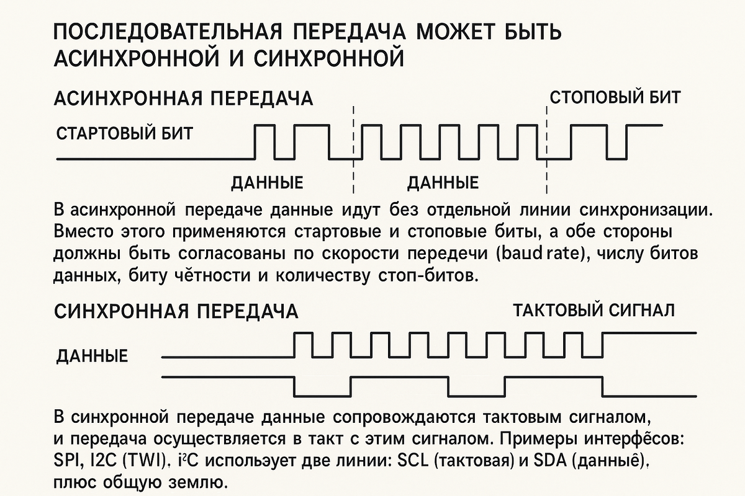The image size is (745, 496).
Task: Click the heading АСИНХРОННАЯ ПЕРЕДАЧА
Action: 184,99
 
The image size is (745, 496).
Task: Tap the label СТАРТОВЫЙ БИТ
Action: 124,133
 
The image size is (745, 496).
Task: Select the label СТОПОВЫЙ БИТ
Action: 615,97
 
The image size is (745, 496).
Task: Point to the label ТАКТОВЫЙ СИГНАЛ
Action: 594,310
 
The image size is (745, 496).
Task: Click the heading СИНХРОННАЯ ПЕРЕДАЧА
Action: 176,311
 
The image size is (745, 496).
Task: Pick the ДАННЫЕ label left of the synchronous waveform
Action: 92,356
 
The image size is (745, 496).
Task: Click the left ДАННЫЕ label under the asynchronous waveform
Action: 267,183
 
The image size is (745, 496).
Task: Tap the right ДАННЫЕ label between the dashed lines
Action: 443,183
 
